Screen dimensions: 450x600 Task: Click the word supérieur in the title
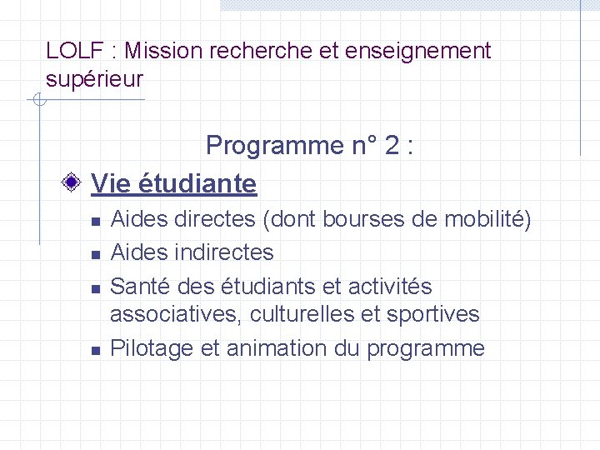pos(94,80)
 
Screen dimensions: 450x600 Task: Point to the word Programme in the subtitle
pos(269,146)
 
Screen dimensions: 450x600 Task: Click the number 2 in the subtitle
pos(391,146)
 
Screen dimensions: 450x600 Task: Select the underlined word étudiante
pos(197,182)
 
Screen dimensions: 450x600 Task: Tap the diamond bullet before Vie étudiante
pos(74,182)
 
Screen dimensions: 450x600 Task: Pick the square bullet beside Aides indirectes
pos(96,253)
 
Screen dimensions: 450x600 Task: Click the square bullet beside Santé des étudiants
pos(96,288)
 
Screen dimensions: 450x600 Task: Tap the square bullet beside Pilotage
pos(96,350)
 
